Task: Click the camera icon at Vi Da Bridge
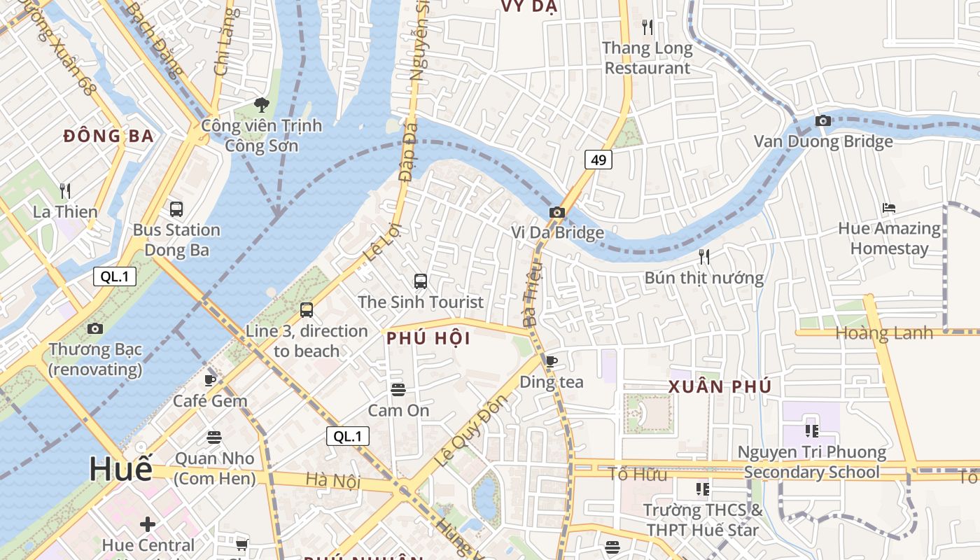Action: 557,212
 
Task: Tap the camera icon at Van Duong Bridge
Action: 823,121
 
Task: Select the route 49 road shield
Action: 598,160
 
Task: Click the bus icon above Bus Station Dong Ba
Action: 176,209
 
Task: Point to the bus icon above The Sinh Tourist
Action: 421,281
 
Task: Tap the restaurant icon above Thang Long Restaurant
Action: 647,27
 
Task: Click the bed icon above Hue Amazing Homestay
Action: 889,208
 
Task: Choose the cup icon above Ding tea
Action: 552,361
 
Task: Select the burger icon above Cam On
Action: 398,389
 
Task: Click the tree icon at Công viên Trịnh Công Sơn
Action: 262,105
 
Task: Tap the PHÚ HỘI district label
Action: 428,339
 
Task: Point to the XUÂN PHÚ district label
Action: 720,386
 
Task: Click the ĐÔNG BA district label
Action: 108,136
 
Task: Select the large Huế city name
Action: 120,468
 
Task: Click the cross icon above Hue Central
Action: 148,524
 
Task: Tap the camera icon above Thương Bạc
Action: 95,328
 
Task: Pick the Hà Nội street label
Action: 333,480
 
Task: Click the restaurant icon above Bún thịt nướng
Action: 704,257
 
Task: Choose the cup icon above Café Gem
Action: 210,380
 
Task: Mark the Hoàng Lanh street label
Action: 885,333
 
